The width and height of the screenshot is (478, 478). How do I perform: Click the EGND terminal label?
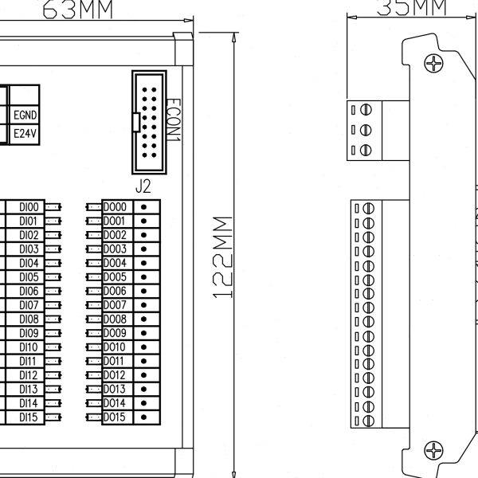click(25, 116)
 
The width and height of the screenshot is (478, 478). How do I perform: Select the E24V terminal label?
click(25, 134)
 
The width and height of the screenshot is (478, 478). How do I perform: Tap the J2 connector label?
click(144, 188)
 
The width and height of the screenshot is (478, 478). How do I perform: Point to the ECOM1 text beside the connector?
click(175, 120)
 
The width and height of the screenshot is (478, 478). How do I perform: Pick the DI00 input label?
click(29, 206)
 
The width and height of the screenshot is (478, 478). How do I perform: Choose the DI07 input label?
click(29, 304)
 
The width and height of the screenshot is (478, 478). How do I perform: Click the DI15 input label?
click(29, 417)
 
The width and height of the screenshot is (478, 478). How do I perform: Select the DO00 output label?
click(115, 206)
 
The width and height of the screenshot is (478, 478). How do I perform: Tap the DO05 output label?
click(115, 276)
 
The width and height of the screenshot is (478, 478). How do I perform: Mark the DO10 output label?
click(115, 347)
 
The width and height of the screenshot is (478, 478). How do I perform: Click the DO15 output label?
click(115, 417)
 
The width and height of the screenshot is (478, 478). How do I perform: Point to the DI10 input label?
click(29, 347)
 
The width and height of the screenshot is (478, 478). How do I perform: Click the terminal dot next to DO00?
click(144, 206)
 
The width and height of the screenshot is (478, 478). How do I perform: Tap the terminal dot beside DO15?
click(144, 417)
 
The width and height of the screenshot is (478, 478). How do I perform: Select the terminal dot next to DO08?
click(144, 319)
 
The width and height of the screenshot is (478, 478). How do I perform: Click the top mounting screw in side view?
click(434, 63)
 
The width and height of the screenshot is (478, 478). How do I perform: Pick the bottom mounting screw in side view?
click(434, 451)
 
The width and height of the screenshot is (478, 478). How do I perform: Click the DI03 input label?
click(29, 249)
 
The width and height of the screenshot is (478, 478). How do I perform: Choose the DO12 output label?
click(115, 374)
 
